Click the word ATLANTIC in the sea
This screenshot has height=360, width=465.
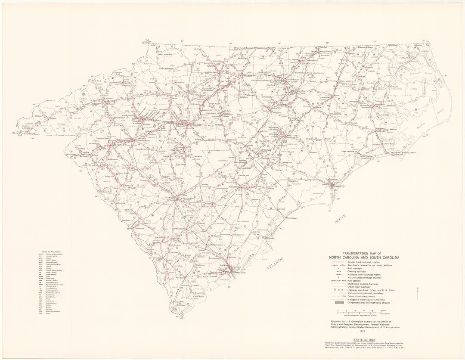point(273,263)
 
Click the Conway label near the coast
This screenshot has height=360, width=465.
point(282,209)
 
